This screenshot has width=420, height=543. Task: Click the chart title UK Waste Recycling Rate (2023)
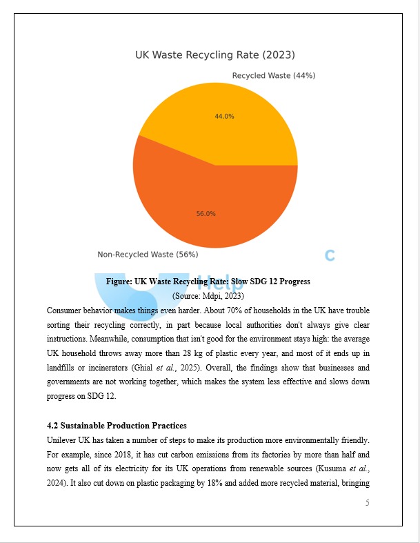coord(214,55)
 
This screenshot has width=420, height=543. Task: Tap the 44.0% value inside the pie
coord(224,117)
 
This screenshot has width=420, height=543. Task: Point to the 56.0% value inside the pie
coord(206,214)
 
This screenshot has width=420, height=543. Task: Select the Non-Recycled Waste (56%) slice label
coord(147,255)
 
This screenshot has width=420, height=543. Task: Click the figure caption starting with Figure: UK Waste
coord(208,282)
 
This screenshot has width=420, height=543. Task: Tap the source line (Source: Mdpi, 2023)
coord(208,295)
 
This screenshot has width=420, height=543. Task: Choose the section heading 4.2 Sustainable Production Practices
coord(117,426)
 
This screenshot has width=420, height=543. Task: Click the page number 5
coord(367,503)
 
